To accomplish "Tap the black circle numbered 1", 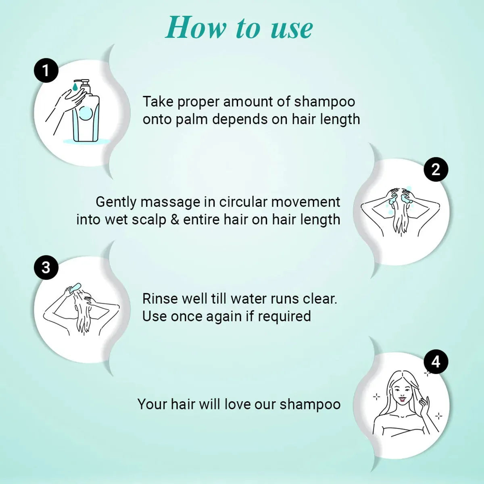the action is pos(46,71).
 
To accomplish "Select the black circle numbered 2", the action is pos(436,169).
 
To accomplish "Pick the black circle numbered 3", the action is pos(46,267).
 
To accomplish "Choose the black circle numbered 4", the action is pos(436,362).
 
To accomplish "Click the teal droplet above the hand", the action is pos(75,87).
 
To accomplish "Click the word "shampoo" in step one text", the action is pos(325,102).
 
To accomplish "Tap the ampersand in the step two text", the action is pos(175,220).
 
